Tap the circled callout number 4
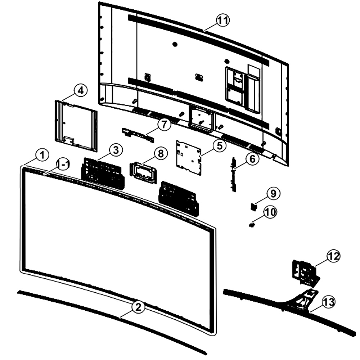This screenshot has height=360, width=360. [80, 91]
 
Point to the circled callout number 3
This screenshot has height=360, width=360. [116, 150]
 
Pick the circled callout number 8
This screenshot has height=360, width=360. [161, 153]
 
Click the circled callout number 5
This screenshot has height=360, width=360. [220, 145]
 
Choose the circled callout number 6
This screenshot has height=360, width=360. [252, 159]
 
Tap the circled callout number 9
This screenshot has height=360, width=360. [273, 194]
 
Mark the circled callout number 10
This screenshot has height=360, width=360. [270, 212]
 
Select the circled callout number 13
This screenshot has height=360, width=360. [329, 302]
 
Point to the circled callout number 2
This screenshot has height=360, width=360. [138, 307]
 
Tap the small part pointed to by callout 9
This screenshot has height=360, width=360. [253, 207]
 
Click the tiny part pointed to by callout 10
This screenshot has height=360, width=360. [252, 225]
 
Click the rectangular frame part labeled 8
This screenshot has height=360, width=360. [143, 173]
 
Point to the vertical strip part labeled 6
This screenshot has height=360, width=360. [234, 175]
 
